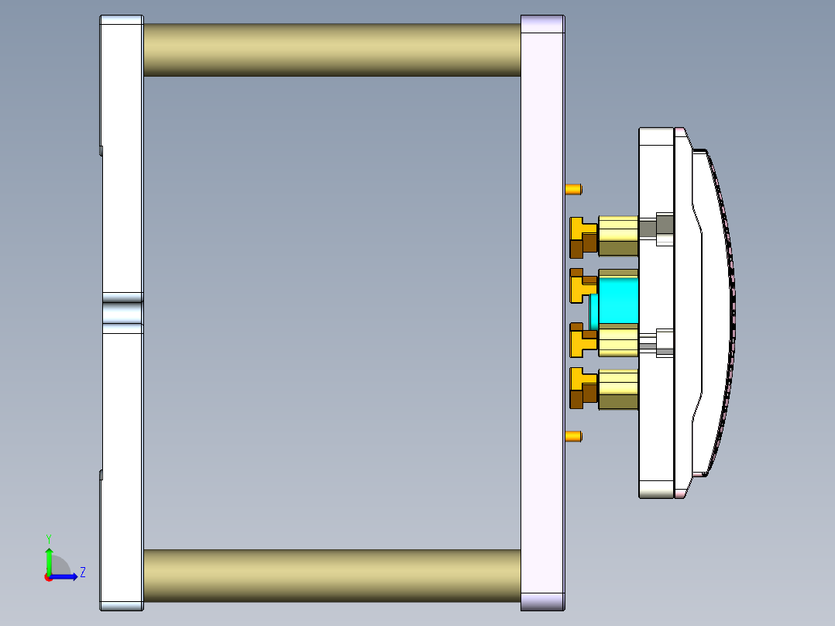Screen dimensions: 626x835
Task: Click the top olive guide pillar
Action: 332,50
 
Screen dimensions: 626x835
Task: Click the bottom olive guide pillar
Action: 332,576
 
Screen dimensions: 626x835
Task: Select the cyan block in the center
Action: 617,302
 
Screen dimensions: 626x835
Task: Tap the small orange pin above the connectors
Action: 573,189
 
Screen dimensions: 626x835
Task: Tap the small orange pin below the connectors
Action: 573,437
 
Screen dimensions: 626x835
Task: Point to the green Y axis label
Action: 49,538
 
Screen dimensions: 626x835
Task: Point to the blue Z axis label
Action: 82,573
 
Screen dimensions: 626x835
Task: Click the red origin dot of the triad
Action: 48,576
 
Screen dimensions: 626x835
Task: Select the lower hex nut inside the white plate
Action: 665,342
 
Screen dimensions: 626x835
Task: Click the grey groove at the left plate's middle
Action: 122,313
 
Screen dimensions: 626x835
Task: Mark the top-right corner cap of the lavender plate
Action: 542,24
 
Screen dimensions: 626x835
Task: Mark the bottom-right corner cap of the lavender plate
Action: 542,601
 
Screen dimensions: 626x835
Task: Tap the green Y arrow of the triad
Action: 49,559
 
